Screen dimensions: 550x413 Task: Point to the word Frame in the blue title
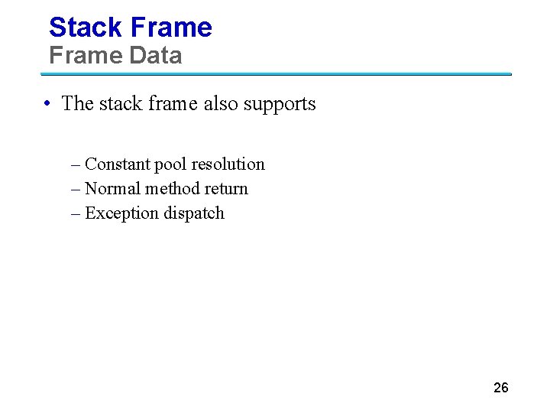[x=171, y=28]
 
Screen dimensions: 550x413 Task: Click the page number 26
[x=501, y=388]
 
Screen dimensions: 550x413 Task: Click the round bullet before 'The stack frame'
[x=47, y=104]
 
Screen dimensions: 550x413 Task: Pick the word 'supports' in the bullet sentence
[x=280, y=104]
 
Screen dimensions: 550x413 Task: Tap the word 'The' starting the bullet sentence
[x=76, y=103]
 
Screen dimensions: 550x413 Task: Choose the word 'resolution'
[x=228, y=164]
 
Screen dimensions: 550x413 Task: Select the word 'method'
[x=168, y=188]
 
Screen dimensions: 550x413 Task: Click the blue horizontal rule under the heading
[x=275, y=74]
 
